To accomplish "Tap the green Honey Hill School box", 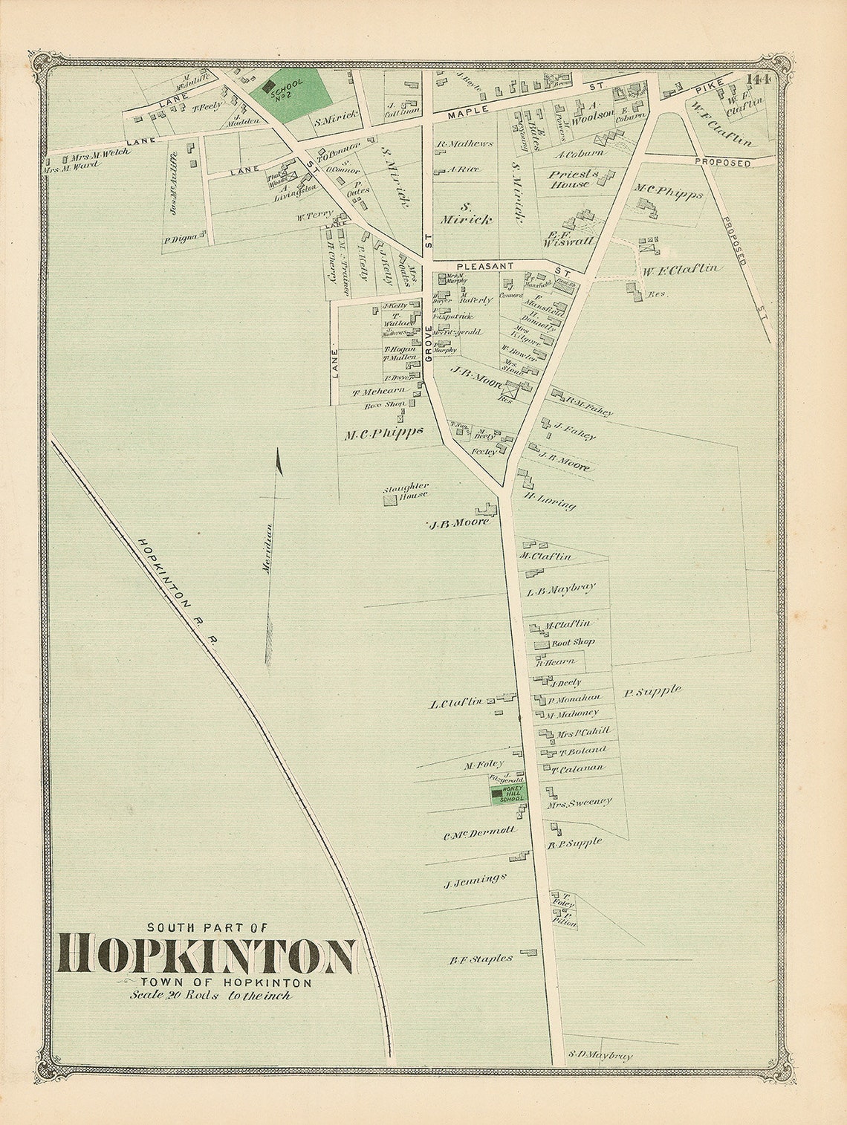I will point(507,794).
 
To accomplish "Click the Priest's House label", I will point(567,179).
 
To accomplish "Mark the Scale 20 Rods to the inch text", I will point(210,996).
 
